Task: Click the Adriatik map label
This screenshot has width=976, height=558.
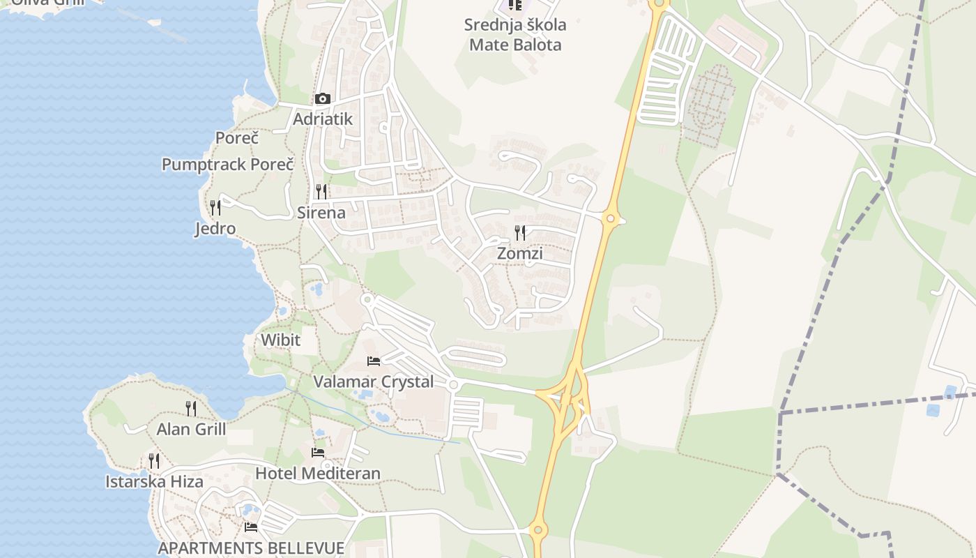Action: [x=322, y=119]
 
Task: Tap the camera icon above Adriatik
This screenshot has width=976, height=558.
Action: [x=322, y=99]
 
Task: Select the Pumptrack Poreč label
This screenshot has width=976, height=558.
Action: [x=227, y=165]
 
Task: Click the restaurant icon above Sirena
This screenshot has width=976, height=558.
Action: [x=321, y=191]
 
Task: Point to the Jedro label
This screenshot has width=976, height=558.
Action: [x=215, y=229]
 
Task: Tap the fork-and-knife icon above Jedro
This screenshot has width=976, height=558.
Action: [x=215, y=207]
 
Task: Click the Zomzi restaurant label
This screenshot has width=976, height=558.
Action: [x=519, y=254]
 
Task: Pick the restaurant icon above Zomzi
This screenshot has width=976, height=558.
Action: [x=520, y=232]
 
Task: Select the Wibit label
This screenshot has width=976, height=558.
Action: [x=280, y=340]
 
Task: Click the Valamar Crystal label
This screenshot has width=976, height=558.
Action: [x=373, y=382]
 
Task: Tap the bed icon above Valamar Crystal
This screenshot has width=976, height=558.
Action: [x=374, y=361]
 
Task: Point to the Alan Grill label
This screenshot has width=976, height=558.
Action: [x=191, y=429]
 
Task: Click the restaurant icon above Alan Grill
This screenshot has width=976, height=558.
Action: [x=191, y=408]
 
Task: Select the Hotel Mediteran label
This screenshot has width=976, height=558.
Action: [x=318, y=474]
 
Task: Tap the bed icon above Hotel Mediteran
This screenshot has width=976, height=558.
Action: [x=318, y=453]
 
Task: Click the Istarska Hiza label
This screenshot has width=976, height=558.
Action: [x=154, y=482]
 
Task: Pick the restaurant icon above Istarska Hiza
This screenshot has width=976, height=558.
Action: [x=154, y=461]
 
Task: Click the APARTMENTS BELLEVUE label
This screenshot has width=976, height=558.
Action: [x=251, y=548]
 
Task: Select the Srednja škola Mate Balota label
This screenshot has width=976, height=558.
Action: [x=515, y=35]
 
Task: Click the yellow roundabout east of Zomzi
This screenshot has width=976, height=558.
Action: [x=611, y=219]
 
